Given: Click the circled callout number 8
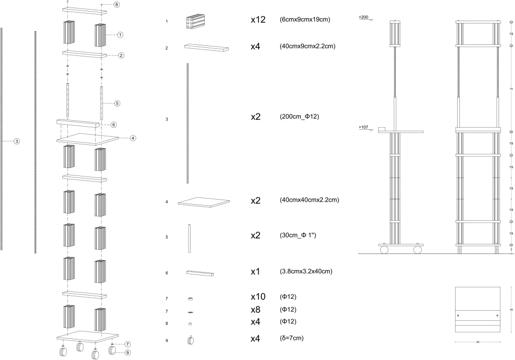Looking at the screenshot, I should [117, 5].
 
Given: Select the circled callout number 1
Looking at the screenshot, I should [120, 35].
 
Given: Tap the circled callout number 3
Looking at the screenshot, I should [17, 142].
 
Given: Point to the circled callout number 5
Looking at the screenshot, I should [117, 104].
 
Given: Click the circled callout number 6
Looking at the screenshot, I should [114, 125].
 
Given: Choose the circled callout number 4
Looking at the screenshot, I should [133, 137].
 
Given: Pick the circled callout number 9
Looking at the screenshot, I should [128, 352].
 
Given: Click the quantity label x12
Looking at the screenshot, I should [259, 20].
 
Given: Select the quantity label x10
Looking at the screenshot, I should [259, 298].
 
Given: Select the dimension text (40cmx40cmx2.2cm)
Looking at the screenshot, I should [309, 200].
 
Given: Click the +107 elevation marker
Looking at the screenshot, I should [365, 128].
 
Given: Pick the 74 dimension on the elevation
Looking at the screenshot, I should [511, 88].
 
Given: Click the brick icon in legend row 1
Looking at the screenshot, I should [194, 22].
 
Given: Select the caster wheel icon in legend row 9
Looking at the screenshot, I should [191, 340].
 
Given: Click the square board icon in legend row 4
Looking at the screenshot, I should [201, 202].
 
